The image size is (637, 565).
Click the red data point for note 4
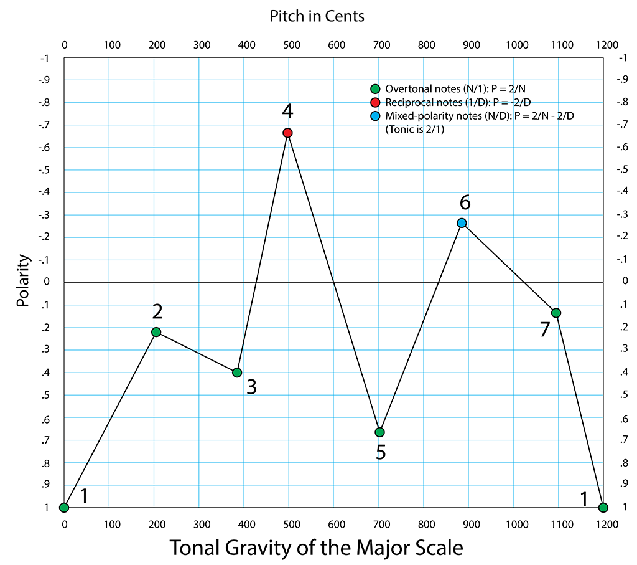(287, 133)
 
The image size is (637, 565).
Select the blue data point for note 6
(462, 223)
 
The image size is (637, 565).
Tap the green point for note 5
(379, 432)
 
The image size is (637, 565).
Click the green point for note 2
(156, 332)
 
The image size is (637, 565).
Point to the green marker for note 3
(237, 373)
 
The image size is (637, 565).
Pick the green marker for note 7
(556, 313)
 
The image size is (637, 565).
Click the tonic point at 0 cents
(64, 508)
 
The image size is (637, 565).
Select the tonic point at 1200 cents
(603, 508)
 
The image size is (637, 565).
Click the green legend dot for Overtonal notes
(375, 88)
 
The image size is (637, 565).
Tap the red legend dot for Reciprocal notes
(375, 102)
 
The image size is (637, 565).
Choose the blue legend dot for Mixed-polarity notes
(375, 116)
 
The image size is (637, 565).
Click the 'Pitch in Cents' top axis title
(317, 16)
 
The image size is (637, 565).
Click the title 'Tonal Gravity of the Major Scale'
(317, 548)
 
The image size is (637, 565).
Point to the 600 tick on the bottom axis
(336, 525)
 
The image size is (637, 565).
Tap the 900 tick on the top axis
(471, 45)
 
